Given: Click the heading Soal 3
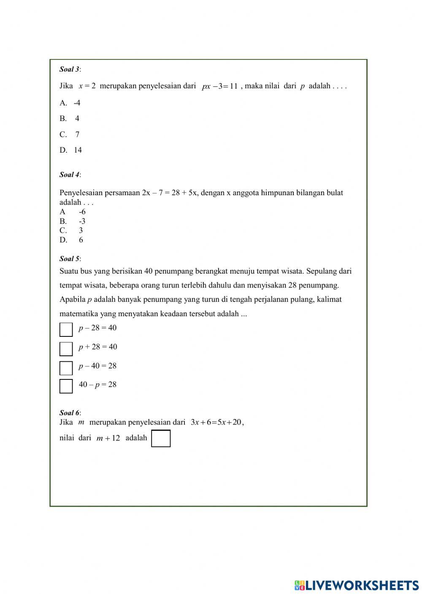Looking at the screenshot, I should [70, 69].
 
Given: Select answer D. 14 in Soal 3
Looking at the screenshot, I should [71, 150].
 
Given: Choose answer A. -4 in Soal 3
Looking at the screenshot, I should [70, 103].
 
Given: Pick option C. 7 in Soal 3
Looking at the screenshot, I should [70, 134].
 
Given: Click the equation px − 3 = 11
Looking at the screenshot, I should [219, 86].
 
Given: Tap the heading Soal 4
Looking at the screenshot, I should [70, 175].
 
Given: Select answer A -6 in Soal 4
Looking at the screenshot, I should [73, 212].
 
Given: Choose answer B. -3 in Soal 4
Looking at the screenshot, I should [73, 221].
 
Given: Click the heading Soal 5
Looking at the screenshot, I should [70, 259].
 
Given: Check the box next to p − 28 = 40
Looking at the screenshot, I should [66, 330].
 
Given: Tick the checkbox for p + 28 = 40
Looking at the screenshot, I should [66, 349].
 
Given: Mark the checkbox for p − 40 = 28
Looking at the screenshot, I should [66, 368].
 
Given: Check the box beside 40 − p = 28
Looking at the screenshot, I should [66, 386].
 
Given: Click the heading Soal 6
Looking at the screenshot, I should [70, 413].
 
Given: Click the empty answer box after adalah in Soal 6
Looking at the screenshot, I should [161, 438].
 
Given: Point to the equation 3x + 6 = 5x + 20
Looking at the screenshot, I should [217, 422].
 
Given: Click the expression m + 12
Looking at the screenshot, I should [108, 438].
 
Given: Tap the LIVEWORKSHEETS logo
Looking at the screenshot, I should [356, 585].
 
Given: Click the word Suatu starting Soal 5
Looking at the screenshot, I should [69, 271].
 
